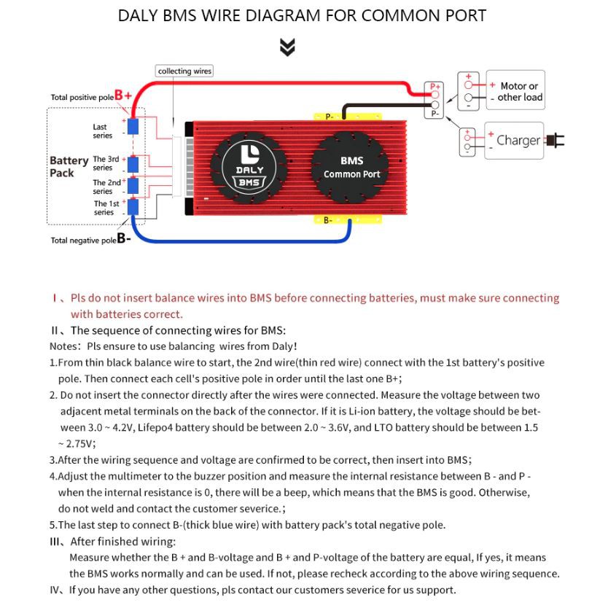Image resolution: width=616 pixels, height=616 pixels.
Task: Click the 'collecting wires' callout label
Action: (184, 71)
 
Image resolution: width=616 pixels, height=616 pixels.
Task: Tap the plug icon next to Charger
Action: (555, 140)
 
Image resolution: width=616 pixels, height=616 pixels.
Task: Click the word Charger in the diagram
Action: (518, 140)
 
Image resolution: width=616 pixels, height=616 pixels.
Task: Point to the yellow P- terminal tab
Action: (329, 116)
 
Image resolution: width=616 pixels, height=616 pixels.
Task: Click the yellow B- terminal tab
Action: (329, 219)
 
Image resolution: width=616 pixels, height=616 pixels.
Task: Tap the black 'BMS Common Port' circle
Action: (351, 167)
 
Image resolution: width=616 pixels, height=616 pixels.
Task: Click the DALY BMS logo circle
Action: (249, 167)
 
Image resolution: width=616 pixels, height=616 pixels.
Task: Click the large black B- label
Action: (123, 238)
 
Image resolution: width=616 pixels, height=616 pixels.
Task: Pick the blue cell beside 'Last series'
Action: (133, 127)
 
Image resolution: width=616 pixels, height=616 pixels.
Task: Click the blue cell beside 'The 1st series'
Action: (133, 207)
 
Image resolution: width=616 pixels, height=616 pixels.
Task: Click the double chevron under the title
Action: (288, 48)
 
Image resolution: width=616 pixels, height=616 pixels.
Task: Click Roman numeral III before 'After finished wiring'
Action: (58, 542)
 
